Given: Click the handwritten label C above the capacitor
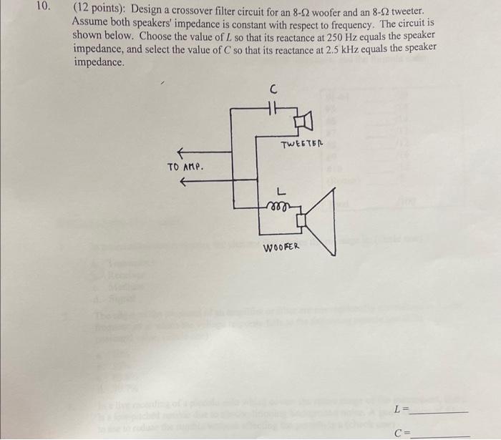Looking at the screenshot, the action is (x=272, y=89).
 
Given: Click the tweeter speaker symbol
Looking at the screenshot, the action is (x=303, y=122).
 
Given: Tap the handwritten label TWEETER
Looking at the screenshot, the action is (x=303, y=145).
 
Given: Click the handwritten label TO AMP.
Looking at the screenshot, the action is (x=185, y=167).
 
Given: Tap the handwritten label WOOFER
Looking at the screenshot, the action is (x=281, y=248).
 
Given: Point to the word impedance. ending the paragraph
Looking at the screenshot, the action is (x=99, y=62).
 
